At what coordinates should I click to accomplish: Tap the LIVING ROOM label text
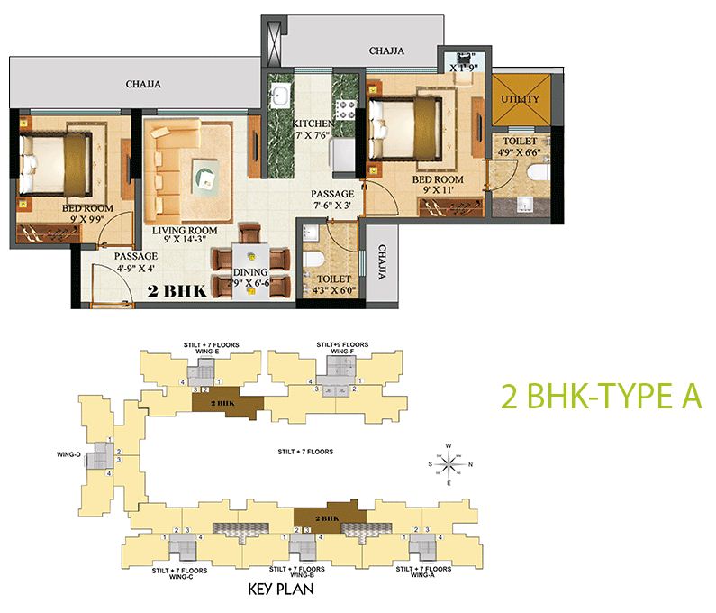185,231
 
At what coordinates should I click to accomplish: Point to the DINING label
250,271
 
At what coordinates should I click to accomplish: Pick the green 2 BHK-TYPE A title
600,398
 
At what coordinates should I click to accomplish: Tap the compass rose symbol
448,463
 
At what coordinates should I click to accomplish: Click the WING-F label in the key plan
341,352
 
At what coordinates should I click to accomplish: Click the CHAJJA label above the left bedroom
143,85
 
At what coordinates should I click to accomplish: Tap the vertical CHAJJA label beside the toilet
383,262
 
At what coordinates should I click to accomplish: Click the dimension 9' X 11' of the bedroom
436,190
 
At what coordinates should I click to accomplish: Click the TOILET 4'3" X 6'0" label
334,285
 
